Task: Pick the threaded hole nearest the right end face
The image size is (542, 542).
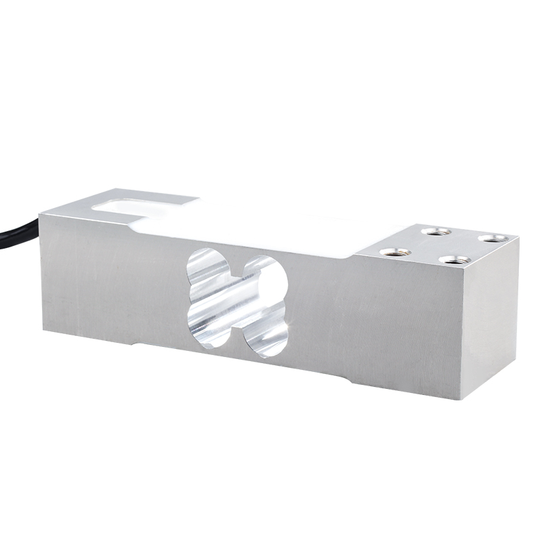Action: (455, 259)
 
